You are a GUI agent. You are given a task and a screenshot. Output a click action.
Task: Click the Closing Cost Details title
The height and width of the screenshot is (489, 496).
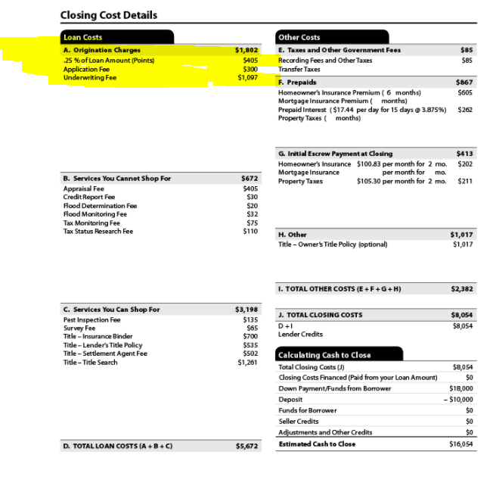pos(109,16)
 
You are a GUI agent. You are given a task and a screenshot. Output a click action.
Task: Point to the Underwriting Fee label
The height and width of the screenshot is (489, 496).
pos(89,77)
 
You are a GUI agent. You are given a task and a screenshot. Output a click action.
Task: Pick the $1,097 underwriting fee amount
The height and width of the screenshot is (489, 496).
pos(248,77)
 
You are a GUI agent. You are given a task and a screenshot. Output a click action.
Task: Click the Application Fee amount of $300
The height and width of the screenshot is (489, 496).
pos(250,68)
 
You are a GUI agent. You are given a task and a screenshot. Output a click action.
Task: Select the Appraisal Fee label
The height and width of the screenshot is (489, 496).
pos(83,188)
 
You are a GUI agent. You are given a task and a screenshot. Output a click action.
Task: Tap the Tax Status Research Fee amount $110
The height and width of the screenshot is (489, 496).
pos(250,231)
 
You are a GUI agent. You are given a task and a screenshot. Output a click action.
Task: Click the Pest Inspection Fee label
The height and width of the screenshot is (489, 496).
pos(91,319)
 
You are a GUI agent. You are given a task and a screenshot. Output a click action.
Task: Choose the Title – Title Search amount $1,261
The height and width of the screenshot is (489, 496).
pos(248,362)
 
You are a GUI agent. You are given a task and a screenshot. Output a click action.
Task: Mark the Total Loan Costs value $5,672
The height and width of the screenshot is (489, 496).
pos(247,446)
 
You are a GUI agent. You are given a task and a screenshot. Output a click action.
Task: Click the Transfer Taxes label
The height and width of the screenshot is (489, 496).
pos(299,69)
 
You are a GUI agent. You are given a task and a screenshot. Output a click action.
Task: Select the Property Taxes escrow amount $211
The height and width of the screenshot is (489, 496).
pos(466,181)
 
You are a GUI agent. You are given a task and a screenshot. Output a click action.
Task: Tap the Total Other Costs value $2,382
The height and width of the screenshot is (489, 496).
pos(462,288)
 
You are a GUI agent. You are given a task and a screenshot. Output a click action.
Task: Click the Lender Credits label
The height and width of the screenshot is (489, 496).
pos(300,334)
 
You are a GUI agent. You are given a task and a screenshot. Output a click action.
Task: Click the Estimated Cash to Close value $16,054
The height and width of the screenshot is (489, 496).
pos(461,444)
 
